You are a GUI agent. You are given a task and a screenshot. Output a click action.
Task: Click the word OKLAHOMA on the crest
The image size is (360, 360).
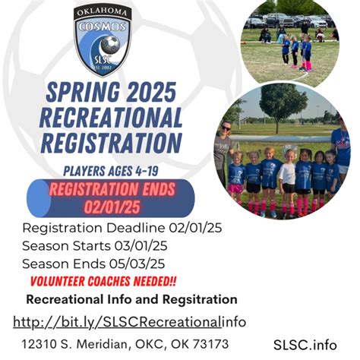click(102, 13)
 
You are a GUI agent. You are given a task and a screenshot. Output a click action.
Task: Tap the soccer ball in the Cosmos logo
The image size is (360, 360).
click(110, 45)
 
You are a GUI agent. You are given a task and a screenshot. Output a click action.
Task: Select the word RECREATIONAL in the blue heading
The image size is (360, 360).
click(111, 117)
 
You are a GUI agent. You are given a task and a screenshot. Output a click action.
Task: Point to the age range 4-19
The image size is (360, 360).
click(147, 171)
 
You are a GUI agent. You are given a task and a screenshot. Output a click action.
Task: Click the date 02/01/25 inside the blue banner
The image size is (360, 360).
click(112, 207)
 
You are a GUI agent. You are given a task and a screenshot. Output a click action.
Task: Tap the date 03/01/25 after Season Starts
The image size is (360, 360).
click(141, 246)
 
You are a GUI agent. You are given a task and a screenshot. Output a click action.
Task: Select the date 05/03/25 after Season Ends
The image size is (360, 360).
click(137, 264)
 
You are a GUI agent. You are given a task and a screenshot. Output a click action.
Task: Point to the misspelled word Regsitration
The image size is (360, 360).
click(200, 299)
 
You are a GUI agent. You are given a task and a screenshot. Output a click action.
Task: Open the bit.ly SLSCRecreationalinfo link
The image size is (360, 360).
click(129, 322)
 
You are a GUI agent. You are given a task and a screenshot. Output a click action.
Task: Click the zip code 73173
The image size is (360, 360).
click(210, 344)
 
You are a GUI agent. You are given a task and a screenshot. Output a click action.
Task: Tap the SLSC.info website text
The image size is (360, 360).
click(305, 345)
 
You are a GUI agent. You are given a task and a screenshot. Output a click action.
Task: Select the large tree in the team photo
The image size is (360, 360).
click(279, 106)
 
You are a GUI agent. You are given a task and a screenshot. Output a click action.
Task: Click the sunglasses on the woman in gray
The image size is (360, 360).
click(226, 128)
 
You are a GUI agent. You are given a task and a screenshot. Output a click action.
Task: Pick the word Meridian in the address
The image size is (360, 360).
click(104, 344)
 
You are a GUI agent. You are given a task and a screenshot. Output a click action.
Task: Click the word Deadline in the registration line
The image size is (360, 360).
click(136, 228)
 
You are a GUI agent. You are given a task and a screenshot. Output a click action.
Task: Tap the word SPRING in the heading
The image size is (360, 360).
click(83, 92)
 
